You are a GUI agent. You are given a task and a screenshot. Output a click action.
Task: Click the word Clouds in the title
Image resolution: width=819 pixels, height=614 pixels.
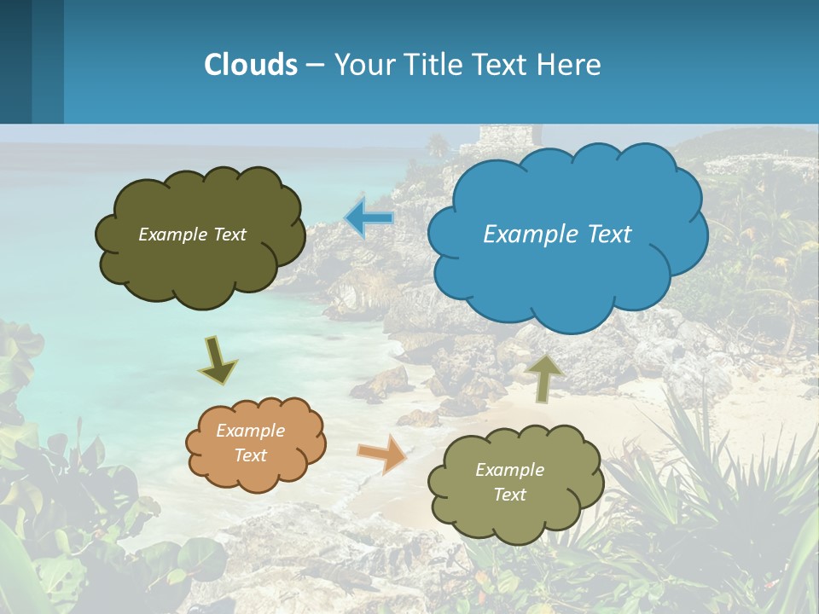click(251, 65)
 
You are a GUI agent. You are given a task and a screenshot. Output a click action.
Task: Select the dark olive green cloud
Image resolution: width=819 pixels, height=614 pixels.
click(200, 236)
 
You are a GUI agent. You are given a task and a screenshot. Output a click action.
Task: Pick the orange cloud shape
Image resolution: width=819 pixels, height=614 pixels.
click(256, 443)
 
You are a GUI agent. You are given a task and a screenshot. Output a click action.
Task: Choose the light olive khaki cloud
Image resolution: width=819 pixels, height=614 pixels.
click(515, 484)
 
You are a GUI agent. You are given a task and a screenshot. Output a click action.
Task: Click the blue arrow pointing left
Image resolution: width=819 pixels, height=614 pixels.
click(369, 218)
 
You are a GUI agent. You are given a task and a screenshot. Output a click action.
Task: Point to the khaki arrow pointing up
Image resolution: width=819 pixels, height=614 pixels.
click(544, 379)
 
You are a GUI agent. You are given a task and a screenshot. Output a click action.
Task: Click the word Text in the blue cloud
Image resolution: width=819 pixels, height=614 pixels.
click(608, 235)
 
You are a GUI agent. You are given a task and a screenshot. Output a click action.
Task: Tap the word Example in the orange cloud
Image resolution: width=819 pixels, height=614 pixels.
click(250, 431)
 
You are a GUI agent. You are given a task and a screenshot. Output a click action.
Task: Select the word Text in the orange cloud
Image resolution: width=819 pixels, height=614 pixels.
click(250, 455)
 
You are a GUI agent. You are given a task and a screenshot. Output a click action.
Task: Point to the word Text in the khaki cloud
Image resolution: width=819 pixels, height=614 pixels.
click(509, 495)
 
